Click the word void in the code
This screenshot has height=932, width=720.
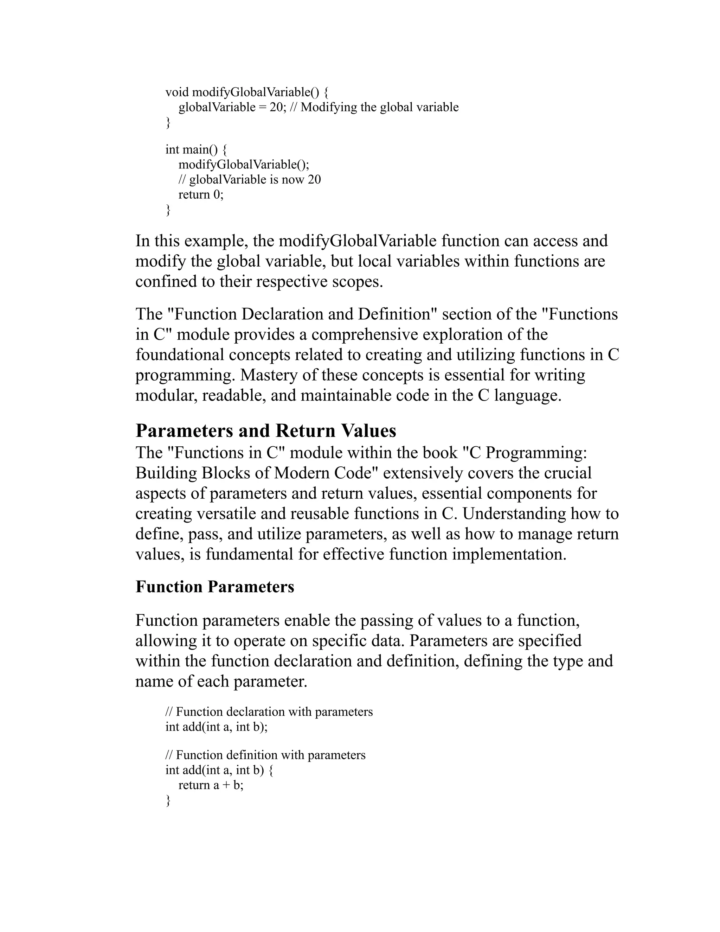pyautogui.click(x=176, y=92)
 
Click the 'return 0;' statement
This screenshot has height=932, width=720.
pyautogui.click(x=200, y=194)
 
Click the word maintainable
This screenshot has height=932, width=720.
pyautogui.click(x=346, y=396)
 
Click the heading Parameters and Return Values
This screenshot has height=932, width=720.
pyautogui.click(x=266, y=431)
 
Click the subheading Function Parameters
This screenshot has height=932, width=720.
pyautogui.click(x=214, y=587)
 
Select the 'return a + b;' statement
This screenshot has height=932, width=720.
pyautogui.click(x=211, y=785)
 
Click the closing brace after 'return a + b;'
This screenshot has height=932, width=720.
pyautogui.click(x=168, y=800)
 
